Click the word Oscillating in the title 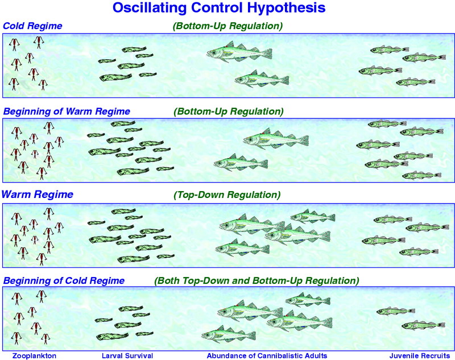(149, 7)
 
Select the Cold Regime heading (32, 26)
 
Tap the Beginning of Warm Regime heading (67, 111)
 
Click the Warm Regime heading (38, 194)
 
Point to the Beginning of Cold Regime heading (64, 280)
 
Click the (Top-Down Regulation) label (227, 195)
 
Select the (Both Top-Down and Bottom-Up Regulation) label (257, 281)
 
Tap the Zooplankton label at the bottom (34, 356)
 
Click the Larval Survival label (127, 355)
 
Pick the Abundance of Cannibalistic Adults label (267, 355)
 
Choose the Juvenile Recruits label (420, 355)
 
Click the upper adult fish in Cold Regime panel (239, 52)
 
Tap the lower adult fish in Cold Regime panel (262, 78)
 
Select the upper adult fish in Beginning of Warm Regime (276, 139)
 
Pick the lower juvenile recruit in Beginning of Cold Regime (423, 325)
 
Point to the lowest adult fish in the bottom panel (229, 334)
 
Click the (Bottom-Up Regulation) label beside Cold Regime (228, 26)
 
